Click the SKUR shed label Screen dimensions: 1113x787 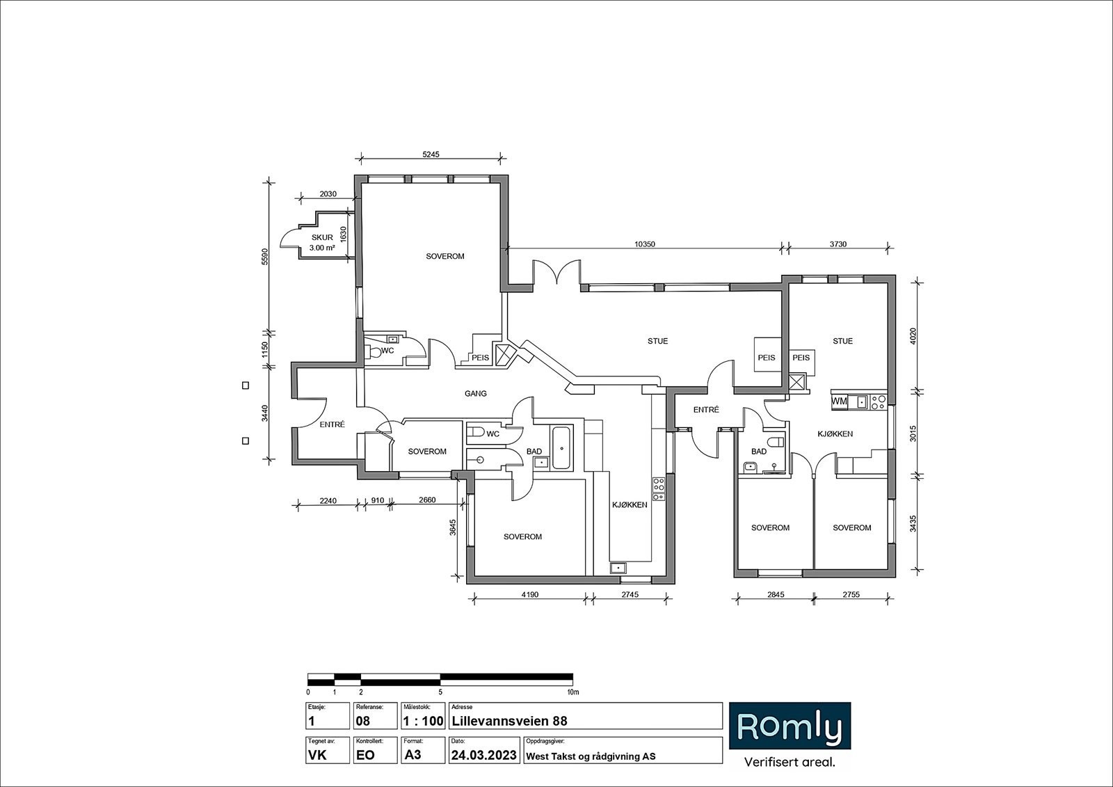click(322, 238)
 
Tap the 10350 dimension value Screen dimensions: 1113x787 click(645, 244)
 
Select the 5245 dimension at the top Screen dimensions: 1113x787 click(431, 154)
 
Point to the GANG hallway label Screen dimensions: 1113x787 click(476, 393)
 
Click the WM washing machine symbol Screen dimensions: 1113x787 click(839, 402)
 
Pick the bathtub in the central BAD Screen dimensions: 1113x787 click(562, 447)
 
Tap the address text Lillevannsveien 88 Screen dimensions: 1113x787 click(509, 721)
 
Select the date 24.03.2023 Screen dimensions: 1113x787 click(484, 755)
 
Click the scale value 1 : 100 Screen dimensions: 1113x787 click(423, 721)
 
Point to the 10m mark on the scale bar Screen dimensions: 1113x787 click(573, 692)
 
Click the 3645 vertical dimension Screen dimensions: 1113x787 click(453, 527)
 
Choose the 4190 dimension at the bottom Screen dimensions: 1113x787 click(529, 594)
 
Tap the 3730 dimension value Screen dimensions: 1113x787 click(838, 244)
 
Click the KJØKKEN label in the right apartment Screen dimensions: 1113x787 click(835, 434)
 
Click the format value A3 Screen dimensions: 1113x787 click(413, 755)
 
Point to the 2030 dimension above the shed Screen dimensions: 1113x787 click(328, 194)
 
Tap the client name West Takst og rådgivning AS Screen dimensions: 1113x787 click(591, 756)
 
